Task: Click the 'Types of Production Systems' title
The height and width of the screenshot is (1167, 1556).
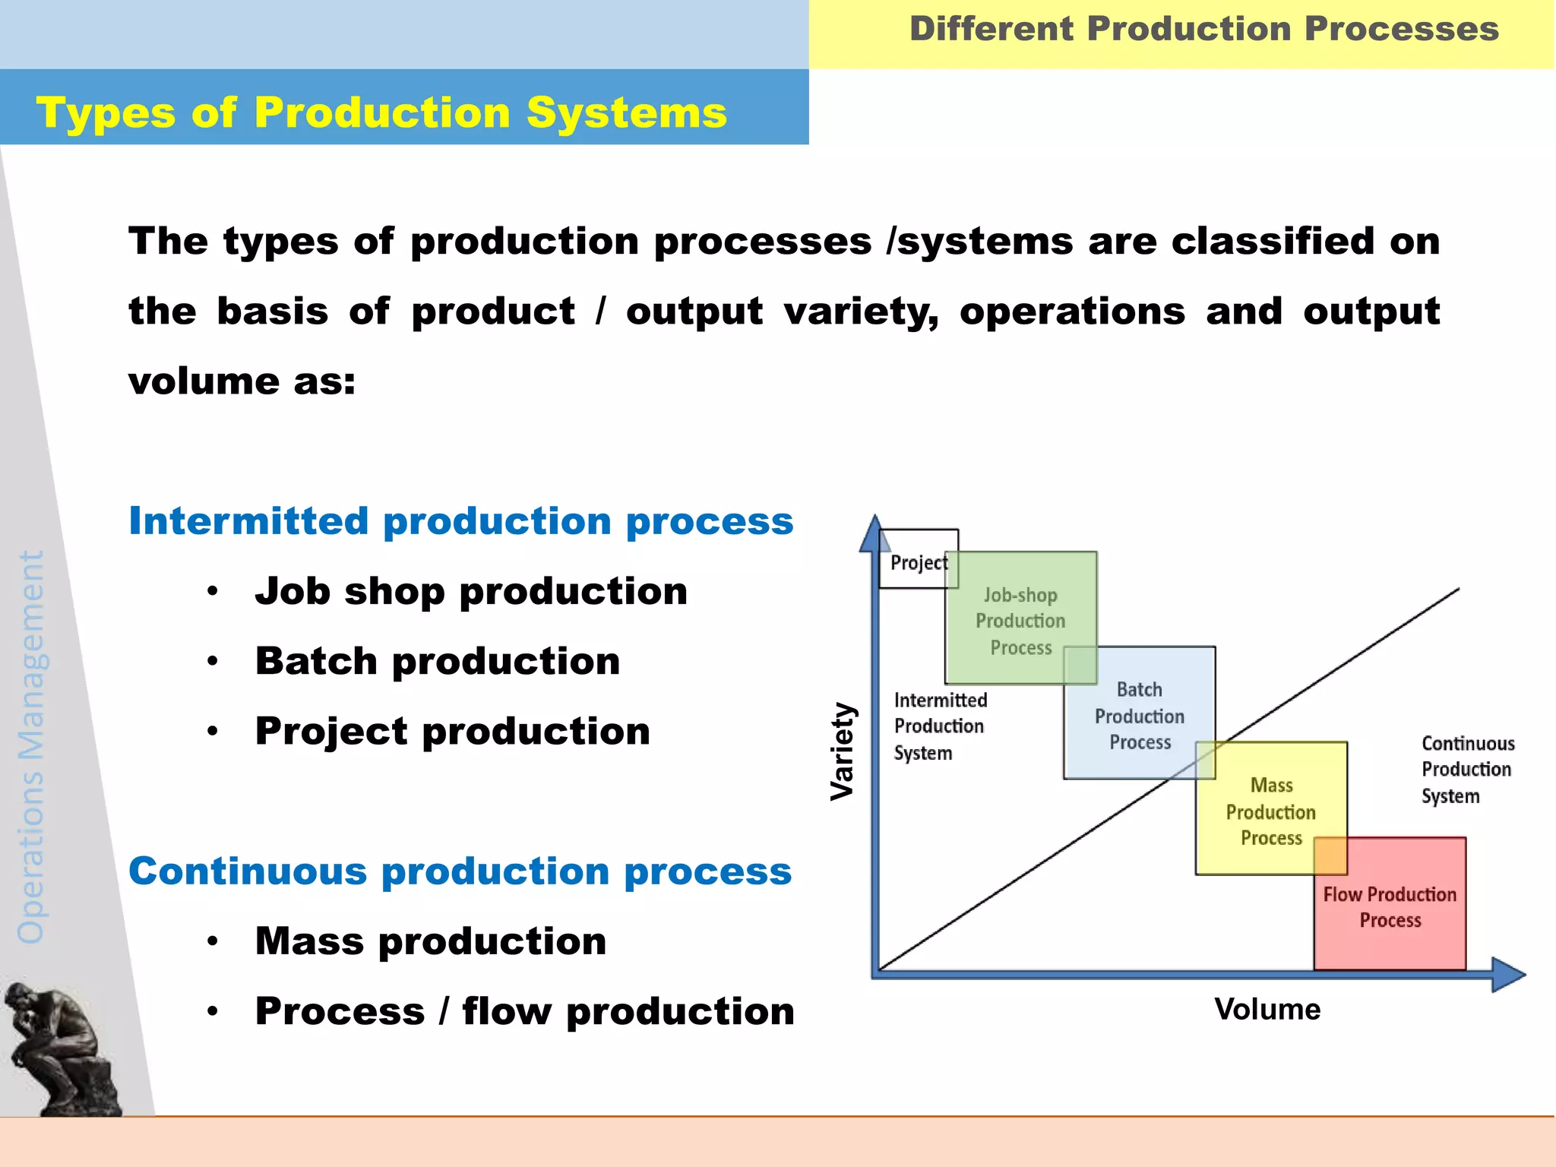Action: coord(381,113)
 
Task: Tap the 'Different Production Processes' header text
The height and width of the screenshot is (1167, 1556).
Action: coord(1203,30)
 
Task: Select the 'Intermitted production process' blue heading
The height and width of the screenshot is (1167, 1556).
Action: coord(460,521)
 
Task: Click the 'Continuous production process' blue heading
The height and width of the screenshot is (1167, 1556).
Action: coord(460,871)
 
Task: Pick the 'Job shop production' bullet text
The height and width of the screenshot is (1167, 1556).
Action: coord(471,591)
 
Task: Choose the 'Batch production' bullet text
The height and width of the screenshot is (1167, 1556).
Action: coord(438,661)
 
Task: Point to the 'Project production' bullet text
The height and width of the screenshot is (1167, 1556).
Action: coord(453,731)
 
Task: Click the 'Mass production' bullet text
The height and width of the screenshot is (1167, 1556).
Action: coord(431,941)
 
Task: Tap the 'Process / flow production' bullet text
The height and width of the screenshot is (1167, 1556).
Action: coord(524,1011)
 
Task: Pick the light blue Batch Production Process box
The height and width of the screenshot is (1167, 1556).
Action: coord(1139,715)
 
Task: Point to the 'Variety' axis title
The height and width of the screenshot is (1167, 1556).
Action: coord(843,751)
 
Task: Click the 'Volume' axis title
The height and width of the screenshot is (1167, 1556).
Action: coord(1267,1009)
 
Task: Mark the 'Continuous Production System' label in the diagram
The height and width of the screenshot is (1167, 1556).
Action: coord(1466,769)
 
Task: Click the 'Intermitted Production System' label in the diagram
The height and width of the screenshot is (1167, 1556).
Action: coord(940,726)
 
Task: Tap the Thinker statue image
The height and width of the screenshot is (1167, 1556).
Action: coord(61,1048)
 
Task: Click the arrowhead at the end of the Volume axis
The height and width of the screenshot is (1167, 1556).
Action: coord(1508,975)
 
